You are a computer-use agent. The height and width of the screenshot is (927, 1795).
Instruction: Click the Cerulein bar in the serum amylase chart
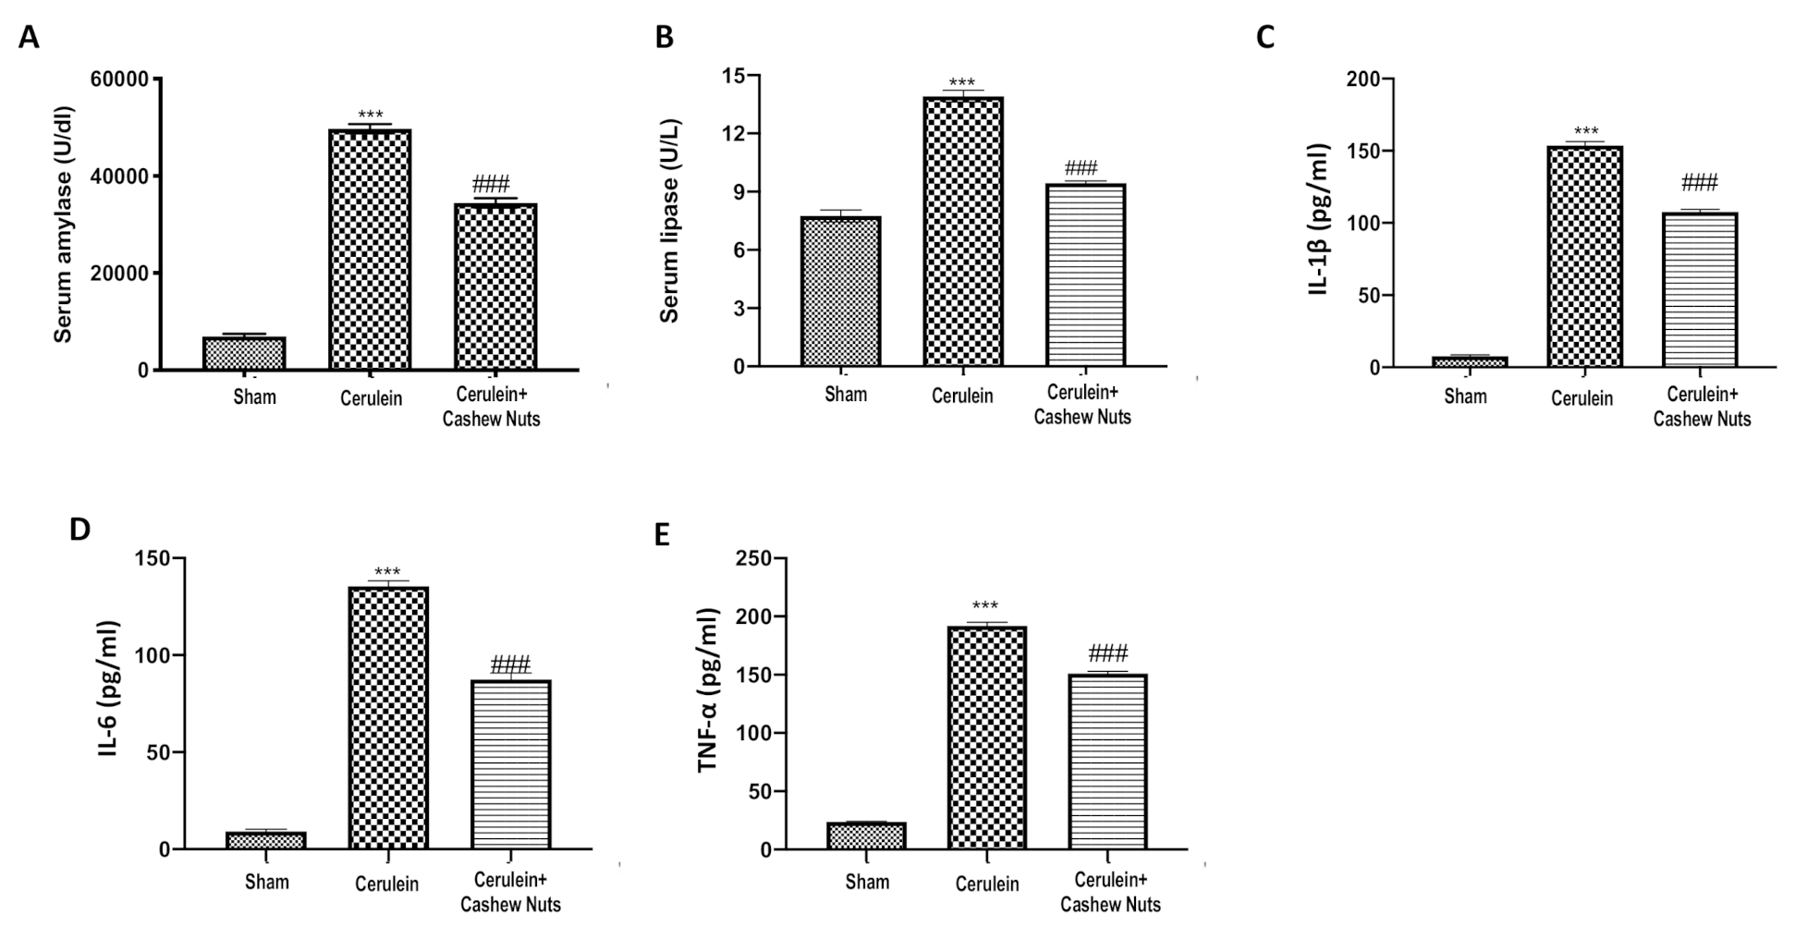(370, 250)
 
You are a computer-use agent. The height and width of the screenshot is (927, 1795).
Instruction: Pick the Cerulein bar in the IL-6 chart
(388, 717)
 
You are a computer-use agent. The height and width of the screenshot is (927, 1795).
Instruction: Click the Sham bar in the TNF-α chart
(866, 836)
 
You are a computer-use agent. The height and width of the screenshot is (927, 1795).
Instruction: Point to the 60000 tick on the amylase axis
(119, 79)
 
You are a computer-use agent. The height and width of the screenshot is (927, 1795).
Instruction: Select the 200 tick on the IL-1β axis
(1362, 79)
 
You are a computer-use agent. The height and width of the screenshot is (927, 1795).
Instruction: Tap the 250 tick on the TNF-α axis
(753, 558)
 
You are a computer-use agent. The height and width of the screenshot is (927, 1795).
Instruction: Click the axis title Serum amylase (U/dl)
(62, 225)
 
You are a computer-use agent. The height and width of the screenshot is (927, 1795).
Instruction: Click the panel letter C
(1265, 38)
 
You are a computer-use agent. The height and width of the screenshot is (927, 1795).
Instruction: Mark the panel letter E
(662, 535)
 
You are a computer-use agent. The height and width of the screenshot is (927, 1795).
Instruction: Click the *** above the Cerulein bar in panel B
(961, 83)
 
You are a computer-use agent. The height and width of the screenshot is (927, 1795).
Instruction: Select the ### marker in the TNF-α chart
(1108, 653)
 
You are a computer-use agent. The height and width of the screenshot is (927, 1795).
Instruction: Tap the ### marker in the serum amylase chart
(491, 183)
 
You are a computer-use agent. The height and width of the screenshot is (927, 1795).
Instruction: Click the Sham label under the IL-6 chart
(267, 882)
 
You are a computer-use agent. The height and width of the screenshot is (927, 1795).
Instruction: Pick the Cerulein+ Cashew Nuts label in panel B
(1081, 405)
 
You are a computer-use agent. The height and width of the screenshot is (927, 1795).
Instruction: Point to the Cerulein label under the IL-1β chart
(1581, 398)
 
